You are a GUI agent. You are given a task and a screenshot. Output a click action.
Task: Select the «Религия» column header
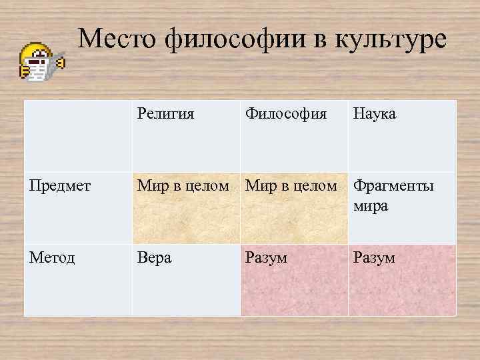click(165, 114)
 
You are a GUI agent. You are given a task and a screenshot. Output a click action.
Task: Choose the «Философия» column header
click(286, 114)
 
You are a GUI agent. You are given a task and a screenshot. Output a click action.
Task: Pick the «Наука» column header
click(374, 114)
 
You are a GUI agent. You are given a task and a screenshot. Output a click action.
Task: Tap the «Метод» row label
click(51, 257)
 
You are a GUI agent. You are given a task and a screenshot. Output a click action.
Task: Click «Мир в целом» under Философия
click(291, 186)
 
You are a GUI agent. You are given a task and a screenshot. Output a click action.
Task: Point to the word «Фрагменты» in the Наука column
click(393, 186)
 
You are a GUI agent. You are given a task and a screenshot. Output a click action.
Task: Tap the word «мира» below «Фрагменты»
click(371, 206)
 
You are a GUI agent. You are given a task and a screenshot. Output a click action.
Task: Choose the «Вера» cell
click(154, 257)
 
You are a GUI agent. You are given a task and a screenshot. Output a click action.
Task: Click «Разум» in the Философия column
click(266, 257)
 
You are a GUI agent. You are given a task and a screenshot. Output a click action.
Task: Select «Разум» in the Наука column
click(374, 257)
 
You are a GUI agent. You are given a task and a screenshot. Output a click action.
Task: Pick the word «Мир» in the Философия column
click(258, 186)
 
